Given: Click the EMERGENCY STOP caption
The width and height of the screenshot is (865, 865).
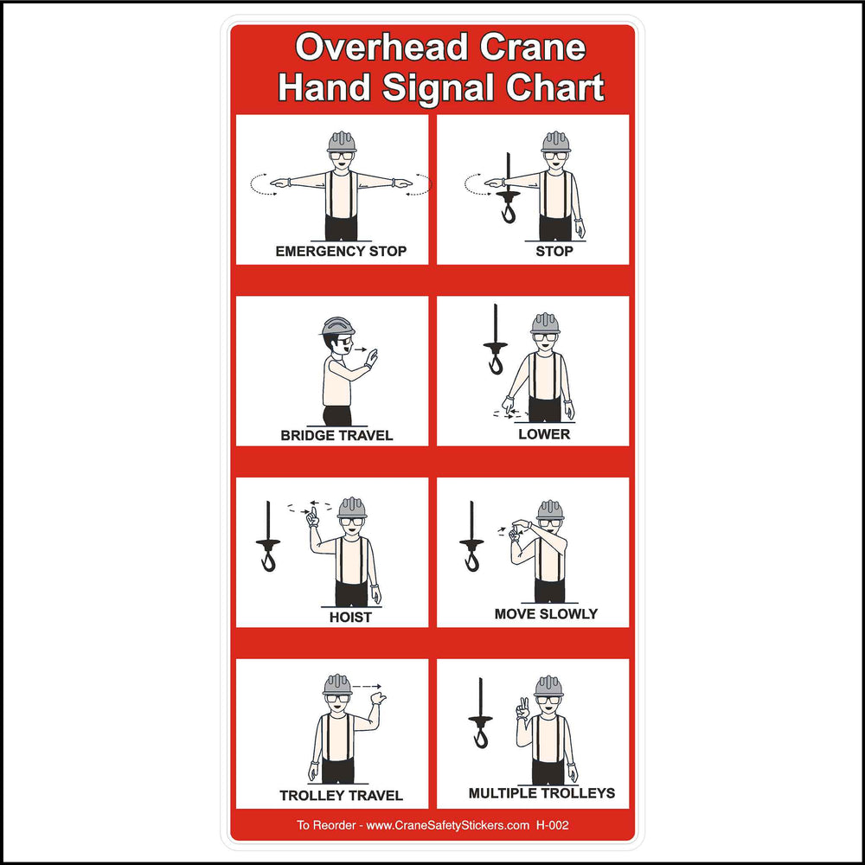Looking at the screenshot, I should pos(341,252).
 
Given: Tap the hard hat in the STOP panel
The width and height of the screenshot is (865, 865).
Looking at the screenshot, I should pos(555,141).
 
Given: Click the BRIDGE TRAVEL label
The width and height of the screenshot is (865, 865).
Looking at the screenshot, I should pos(336,435).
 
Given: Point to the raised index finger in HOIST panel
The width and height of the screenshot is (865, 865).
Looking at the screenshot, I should pos(314,516).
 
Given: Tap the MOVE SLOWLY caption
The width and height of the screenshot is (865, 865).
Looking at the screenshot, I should pos(546,613).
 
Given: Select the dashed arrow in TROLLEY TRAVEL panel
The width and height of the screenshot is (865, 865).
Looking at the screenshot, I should pos(368,686).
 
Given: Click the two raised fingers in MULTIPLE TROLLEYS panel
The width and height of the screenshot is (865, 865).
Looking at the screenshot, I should pos(523,708).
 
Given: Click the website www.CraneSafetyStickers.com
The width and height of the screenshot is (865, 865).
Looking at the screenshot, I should pos(447,825).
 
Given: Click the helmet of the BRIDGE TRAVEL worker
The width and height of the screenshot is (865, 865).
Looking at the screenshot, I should pos(337,326).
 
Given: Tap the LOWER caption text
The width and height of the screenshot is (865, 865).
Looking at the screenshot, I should pos(544,433).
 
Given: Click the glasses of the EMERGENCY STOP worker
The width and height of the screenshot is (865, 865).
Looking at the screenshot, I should pos(342,156).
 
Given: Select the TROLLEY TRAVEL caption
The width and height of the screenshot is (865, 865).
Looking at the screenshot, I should pos(341,795).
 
